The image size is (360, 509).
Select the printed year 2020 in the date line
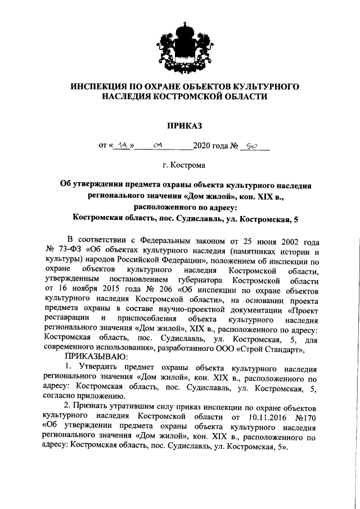tap(201, 146)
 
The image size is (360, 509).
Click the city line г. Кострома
tap(180, 165)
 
